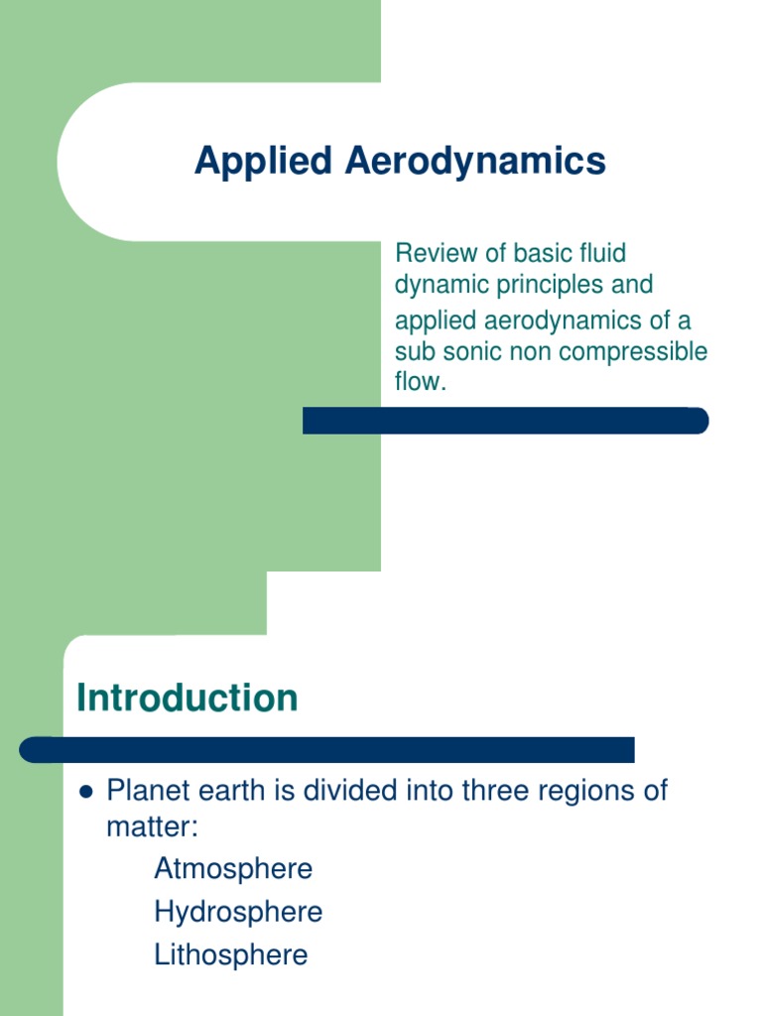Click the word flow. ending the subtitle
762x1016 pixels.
coord(421,382)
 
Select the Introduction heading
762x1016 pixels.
coord(188,698)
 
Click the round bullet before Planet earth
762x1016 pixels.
coord(84,793)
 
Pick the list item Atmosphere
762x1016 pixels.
coord(233,869)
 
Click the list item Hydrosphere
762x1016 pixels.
coord(238,912)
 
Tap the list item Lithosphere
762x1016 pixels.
coord(231,955)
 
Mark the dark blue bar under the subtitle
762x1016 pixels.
coord(505,421)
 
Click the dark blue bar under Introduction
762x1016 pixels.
coord(327,749)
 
